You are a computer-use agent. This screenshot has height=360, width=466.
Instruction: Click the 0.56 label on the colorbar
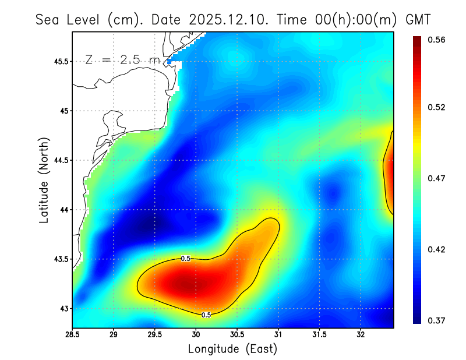tap(436, 40)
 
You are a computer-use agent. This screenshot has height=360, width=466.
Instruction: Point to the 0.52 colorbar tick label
tap(436, 107)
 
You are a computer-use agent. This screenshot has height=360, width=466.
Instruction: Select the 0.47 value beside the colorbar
tap(436, 178)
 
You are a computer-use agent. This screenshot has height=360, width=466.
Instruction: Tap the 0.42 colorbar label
tap(436, 249)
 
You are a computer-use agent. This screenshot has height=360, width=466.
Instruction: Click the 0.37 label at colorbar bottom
tap(436, 320)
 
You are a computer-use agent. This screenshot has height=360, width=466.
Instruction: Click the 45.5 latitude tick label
tap(60, 61)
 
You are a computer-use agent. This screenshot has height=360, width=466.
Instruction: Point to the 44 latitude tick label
tap(63, 210)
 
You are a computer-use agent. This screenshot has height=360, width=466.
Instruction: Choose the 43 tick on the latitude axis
tap(63, 308)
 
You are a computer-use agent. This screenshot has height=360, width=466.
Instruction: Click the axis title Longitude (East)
tap(232, 349)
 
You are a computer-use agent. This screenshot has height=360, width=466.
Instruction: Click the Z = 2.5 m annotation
tap(122, 59)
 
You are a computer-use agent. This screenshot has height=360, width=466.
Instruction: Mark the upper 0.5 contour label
tap(186, 258)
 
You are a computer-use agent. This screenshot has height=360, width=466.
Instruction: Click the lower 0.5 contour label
tap(206, 315)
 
